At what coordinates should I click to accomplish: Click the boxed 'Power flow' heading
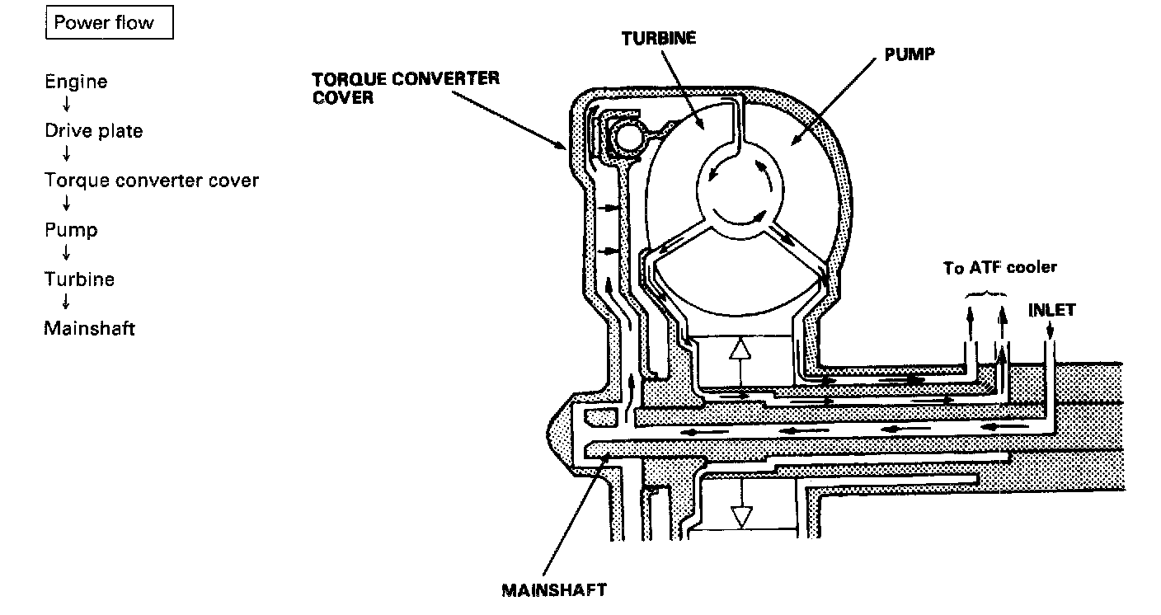(104, 22)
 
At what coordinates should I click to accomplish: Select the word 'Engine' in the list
(76, 82)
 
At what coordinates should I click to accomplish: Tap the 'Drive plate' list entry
(93, 131)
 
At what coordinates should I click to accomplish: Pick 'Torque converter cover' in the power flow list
(152, 181)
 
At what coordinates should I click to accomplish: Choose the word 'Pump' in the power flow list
(71, 230)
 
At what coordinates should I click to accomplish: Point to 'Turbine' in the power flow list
(79, 279)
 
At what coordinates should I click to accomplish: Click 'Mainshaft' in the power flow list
(89, 329)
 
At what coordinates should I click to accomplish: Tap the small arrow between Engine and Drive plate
(66, 106)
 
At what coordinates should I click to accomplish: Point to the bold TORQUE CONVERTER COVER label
(406, 87)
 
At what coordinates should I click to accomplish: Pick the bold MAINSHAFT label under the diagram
(554, 590)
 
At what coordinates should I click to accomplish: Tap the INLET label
(1051, 311)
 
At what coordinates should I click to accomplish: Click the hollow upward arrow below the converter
(741, 354)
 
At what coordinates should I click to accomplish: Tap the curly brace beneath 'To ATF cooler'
(986, 293)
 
